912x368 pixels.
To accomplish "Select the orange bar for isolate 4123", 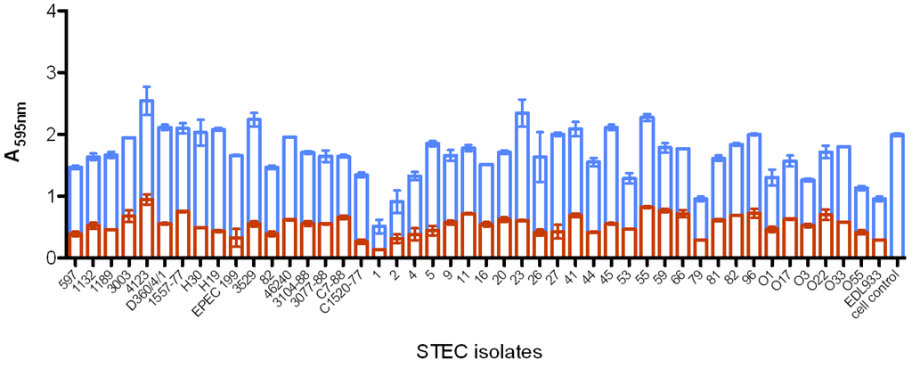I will (147, 228).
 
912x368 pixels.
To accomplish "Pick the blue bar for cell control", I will (898, 196).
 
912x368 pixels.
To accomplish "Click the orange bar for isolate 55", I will (647, 232).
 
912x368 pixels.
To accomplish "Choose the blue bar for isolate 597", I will (76, 200).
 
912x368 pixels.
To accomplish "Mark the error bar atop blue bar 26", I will (540, 157).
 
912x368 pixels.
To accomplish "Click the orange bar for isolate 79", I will (701, 248).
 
